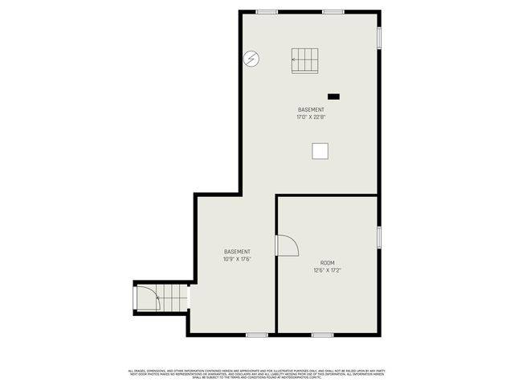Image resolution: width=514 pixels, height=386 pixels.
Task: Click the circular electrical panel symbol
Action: pyautogui.click(x=251, y=59)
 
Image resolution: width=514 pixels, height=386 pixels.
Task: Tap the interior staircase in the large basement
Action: pyautogui.click(x=304, y=60)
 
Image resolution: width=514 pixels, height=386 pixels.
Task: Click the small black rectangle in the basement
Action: pyautogui.click(x=333, y=96)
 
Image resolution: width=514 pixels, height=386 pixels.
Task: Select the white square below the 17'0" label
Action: pyautogui.click(x=320, y=151)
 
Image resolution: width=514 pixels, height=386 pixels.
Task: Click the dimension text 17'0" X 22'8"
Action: pyautogui.click(x=311, y=117)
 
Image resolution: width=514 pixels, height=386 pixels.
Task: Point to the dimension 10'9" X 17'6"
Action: pyautogui.click(x=237, y=259)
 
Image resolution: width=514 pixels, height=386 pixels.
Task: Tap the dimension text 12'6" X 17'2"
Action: pyautogui.click(x=328, y=270)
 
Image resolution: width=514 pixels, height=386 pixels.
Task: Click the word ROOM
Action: pyautogui.click(x=328, y=263)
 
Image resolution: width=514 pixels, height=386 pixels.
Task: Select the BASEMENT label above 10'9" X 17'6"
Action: pyautogui.click(x=237, y=252)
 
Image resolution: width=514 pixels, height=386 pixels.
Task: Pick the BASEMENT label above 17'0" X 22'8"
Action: pyautogui.click(x=311, y=110)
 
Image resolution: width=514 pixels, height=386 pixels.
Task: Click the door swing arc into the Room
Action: pyautogui.click(x=287, y=245)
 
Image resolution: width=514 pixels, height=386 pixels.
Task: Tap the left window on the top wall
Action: pyautogui.click(x=267, y=11)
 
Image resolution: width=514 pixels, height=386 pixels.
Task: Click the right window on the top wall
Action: pyautogui.click(x=334, y=11)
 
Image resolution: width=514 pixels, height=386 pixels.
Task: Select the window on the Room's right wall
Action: pyautogui.click(x=379, y=236)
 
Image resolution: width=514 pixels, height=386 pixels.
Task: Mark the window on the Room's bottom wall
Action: pyautogui.click(x=322, y=335)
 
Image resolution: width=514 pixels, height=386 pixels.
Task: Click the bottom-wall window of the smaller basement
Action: pyautogui.click(x=257, y=335)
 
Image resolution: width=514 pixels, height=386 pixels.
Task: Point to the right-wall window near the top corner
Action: pyautogui.click(x=379, y=38)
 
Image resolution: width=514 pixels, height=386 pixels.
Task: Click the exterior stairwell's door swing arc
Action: pyautogui.click(x=148, y=299)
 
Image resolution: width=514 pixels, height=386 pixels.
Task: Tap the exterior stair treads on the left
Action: pyautogui.click(x=172, y=298)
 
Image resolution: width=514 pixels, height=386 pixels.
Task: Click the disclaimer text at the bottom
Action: pyautogui.click(x=257, y=373)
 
